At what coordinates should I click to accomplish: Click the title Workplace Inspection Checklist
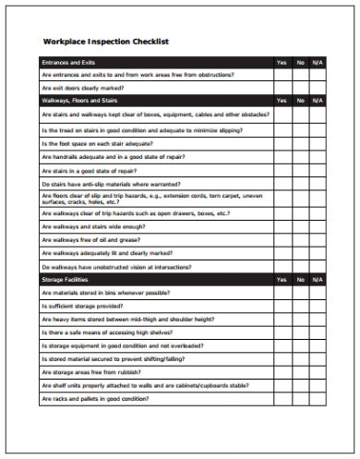pyautogui.click(x=106, y=42)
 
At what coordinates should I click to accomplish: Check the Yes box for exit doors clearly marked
pyautogui.click(x=281, y=88)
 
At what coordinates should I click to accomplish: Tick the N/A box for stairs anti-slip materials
pyautogui.click(x=318, y=184)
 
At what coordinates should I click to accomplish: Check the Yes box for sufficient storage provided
pyautogui.click(x=281, y=305)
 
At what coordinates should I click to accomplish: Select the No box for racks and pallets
pyautogui.click(x=300, y=399)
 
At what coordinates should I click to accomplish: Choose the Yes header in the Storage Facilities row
pyautogui.click(x=281, y=279)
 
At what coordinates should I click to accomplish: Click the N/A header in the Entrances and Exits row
pyautogui.click(x=318, y=62)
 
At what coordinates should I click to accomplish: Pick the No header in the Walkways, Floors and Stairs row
pyautogui.click(x=300, y=100)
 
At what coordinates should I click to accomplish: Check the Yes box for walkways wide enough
pyautogui.click(x=281, y=225)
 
